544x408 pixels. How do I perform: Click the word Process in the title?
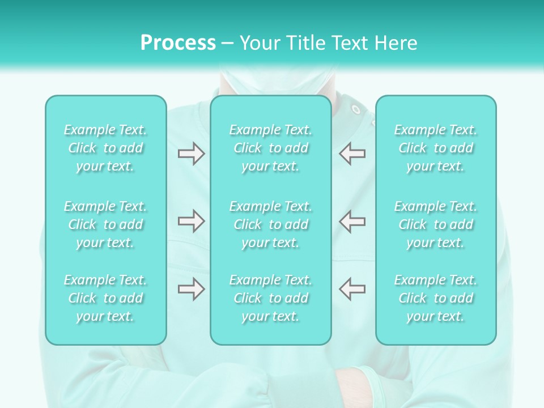click(178, 43)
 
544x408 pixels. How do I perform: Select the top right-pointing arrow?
click(191, 154)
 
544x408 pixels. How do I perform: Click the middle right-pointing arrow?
click(191, 221)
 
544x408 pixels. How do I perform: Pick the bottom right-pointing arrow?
click(191, 289)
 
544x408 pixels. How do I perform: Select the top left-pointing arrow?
click(352, 154)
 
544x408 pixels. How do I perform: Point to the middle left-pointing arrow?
click(352, 221)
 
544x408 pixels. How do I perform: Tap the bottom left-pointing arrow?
click(352, 289)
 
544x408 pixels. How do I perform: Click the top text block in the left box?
click(105, 148)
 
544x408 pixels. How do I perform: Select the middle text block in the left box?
click(105, 224)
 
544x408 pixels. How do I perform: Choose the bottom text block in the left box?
click(105, 298)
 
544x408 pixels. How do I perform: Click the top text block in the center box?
click(271, 148)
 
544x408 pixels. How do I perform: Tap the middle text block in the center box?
click(271, 224)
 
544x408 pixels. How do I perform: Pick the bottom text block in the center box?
click(271, 298)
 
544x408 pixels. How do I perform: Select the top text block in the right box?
click(436, 148)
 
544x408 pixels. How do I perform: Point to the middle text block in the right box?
click(436, 224)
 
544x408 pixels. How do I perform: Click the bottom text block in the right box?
click(436, 298)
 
